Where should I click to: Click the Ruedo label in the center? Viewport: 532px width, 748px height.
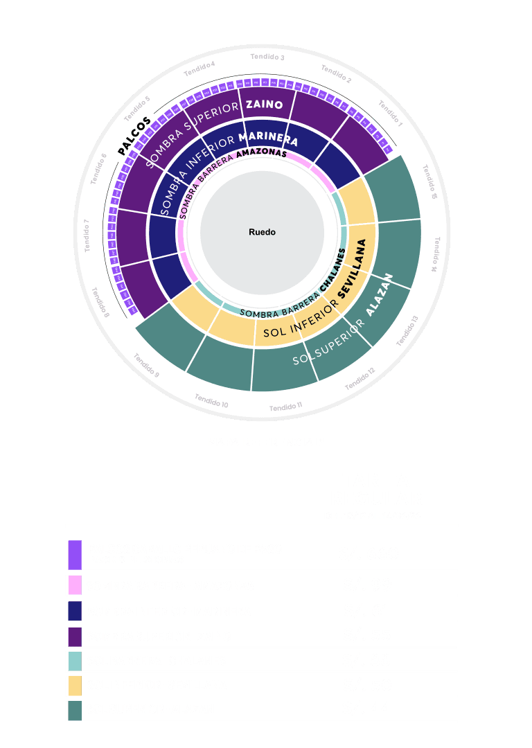tap(262, 232)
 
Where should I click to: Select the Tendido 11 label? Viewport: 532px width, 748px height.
tap(285, 407)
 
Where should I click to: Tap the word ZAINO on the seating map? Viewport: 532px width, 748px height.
tap(264, 105)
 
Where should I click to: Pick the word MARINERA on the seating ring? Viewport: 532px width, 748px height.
tap(272, 136)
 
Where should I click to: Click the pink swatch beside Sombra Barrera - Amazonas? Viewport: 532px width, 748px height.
tap(75, 585)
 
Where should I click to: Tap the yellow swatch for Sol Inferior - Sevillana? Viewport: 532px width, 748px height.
tap(75, 685)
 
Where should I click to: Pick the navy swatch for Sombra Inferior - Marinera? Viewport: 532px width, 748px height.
tap(75, 611)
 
